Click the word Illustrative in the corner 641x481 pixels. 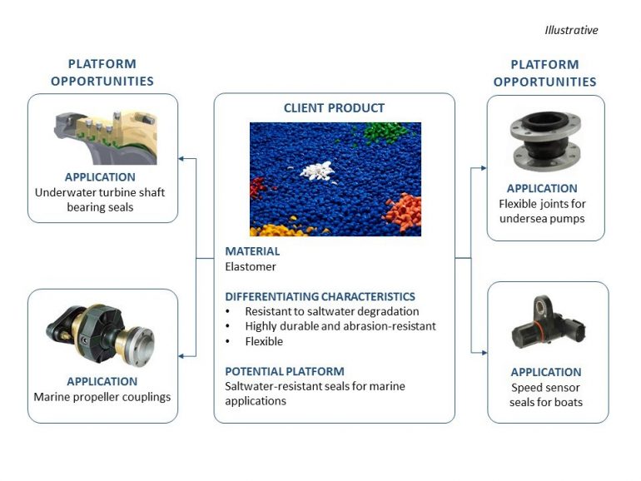pyautogui.click(x=571, y=30)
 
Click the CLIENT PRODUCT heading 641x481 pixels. pyautogui.click(x=334, y=108)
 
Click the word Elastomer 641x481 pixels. pyautogui.click(x=251, y=266)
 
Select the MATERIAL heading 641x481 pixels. pyautogui.click(x=252, y=251)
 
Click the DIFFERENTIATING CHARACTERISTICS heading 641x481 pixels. pyautogui.click(x=320, y=296)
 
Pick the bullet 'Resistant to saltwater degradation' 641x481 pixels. pyautogui.click(x=331, y=311)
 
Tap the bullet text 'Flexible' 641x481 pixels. pyautogui.click(x=264, y=341)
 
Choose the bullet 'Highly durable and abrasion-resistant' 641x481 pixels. pyautogui.click(x=340, y=326)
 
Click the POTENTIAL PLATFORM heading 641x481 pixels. pyautogui.click(x=284, y=371)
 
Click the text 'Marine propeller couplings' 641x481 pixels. pyautogui.click(x=102, y=396)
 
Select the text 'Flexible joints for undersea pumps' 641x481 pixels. pyautogui.click(x=545, y=211)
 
